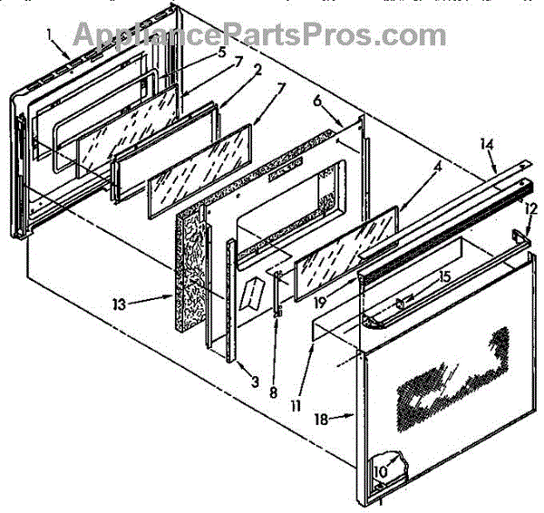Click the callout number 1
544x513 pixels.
click(x=51, y=35)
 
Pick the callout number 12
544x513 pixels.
click(x=530, y=208)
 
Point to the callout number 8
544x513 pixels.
click(x=274, y=393)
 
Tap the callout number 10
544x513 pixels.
click(x=381, y=471)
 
